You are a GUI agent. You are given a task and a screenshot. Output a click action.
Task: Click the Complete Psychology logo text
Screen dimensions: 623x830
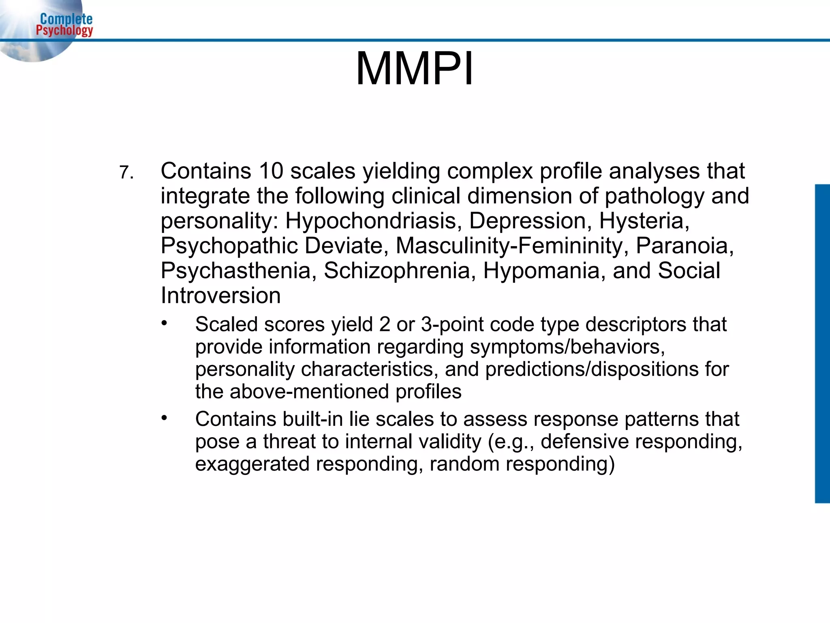point(65,25)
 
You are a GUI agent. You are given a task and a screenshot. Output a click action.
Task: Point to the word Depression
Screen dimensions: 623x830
point(527,221)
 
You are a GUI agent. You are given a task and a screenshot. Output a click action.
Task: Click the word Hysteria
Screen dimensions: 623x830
point(644,221)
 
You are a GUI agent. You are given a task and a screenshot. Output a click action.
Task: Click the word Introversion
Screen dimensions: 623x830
point(221,295)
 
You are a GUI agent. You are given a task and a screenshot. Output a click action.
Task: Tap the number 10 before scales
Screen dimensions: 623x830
point(271,171)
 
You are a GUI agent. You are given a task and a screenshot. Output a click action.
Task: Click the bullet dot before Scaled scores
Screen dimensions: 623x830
point(164,323)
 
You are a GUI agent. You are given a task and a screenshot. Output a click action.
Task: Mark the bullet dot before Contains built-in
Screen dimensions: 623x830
point(164,418)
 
